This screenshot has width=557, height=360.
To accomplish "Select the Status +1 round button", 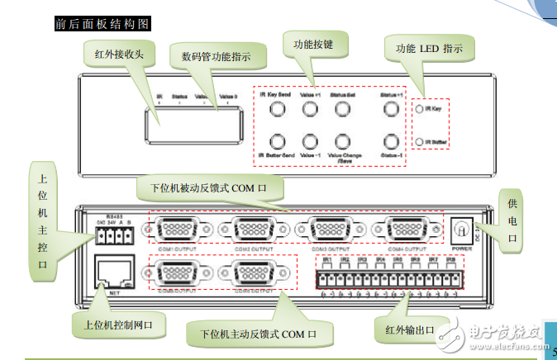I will tap(390, 109).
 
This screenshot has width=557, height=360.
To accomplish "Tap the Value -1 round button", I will tap(310, 141).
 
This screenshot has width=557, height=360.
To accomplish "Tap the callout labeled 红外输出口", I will tap(411, 331).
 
